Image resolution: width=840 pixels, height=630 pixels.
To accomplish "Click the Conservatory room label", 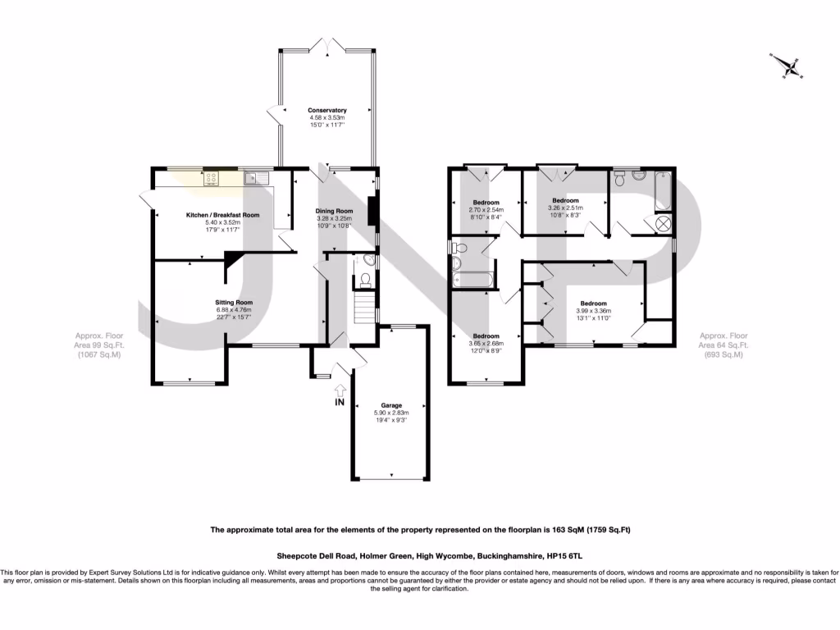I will tap(327, 110).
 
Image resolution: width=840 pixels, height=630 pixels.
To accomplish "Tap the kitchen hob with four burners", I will tap(212, 178).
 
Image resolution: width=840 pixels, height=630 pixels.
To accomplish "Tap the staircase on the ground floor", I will tap(360, 310).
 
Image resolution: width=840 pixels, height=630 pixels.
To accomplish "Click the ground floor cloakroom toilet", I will tap(362, 281).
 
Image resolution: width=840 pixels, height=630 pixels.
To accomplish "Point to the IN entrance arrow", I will tap(340, 399).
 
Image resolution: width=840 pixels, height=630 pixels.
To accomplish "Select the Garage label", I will tap(390, 405).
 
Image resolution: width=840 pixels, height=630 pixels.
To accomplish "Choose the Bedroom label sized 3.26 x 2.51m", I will tap(565, 200).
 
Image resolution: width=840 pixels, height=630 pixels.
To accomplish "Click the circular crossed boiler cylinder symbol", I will tap(661, 224).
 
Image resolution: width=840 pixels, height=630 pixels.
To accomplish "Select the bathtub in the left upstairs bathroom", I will tap(472, 280).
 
